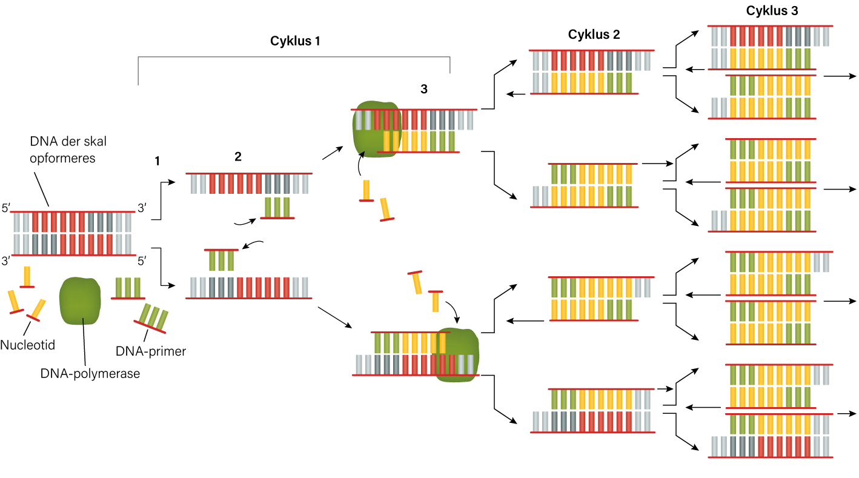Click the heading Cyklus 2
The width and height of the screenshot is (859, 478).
click(594, 35)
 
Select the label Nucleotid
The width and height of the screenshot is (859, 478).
click(27, 345)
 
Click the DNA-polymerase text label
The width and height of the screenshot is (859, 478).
click(90, 373)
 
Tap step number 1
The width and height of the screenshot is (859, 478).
click(157, 161)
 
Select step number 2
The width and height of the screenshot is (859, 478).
click(237, 156)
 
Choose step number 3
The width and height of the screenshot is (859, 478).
click(423, 89)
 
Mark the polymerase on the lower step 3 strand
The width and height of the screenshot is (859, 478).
click(457, 355)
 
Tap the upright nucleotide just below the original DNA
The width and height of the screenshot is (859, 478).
click(27, 277)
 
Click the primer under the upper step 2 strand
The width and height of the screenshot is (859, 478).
click(277, 208)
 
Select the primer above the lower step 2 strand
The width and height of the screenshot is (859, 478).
click(221, 260)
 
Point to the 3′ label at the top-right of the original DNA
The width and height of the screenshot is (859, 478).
click(142, 208)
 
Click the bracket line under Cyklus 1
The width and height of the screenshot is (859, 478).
click(294, 58)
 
